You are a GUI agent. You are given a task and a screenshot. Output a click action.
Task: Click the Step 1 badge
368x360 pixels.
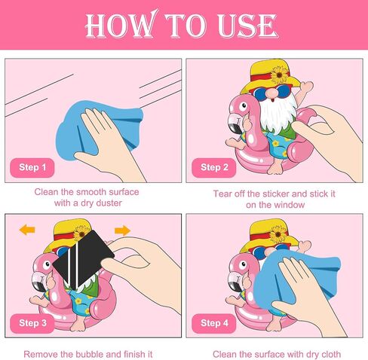(32, 167)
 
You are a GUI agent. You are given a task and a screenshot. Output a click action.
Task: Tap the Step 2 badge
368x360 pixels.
(214, 167)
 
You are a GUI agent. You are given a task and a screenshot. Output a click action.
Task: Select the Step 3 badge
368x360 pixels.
(32, 323)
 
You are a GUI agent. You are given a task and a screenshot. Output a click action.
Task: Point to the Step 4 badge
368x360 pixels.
(214, 323)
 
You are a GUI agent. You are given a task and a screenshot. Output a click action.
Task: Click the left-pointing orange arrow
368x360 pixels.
(27, 230)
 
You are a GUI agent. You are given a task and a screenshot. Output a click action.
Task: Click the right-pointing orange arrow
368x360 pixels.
(122, 230)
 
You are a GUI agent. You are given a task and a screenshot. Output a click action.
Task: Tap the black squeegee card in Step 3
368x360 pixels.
(84, 258)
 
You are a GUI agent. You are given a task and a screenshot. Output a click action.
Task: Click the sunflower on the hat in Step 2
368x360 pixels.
(279, 75)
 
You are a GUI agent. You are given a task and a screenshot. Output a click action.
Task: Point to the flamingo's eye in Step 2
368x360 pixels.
(243, 106)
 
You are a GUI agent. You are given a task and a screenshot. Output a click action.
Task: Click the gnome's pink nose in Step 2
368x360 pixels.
(271, 93)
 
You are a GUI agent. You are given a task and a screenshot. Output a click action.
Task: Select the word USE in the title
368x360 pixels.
(247, 25)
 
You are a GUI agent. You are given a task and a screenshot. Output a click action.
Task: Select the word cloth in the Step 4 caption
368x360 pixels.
(330, 354)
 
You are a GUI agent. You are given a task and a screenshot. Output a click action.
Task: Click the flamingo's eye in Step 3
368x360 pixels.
(47, 264)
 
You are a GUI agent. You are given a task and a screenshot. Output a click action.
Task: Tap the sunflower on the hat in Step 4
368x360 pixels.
(278, 234)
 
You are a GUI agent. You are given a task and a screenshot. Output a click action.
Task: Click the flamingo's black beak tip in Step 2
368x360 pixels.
(235, 129)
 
